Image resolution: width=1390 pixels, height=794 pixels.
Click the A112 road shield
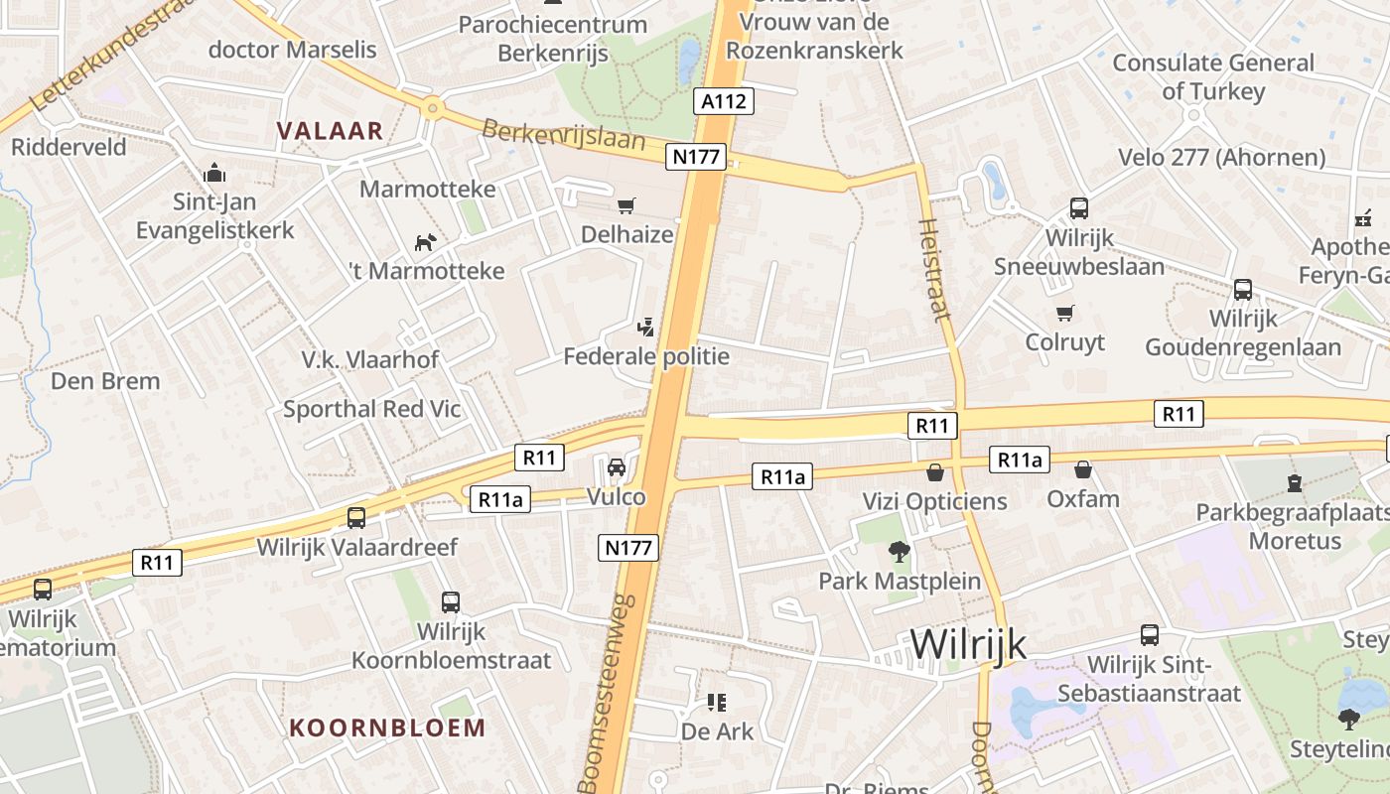(x=722, y=100)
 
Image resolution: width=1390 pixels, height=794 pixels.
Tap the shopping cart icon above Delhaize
(x=625, y=205)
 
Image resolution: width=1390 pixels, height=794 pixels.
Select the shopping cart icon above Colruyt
(x=1065, y=313)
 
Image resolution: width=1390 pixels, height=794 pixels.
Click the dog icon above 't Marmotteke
(x=425, y=242)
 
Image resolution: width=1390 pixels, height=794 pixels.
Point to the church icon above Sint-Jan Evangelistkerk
(x=213, y=174)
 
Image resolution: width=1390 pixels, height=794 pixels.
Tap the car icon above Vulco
(x=616, y=466)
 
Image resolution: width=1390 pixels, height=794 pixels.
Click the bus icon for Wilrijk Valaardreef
(x=355, y=517)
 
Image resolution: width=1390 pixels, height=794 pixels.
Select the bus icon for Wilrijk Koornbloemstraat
(x=450, y=601)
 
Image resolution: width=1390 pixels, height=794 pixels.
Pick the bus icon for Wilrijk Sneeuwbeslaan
(x=1078, y=208)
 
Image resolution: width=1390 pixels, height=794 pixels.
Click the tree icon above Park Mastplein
(x=899, y=551)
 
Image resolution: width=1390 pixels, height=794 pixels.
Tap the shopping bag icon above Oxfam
(x=1083, y=468)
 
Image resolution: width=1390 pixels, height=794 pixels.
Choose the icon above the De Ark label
(x=716, y=703)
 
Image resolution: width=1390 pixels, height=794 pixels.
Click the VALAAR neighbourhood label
(x=330, y=130)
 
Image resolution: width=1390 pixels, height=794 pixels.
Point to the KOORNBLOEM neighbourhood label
(x=387, y=728)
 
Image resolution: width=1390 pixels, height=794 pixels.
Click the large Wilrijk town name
(x=967, y=645)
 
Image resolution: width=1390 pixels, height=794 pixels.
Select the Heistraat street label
(x=935, y=269)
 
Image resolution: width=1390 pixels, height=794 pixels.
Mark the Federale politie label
(x=646, y=356)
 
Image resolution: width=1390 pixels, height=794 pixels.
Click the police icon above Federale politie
(x=646, y=326)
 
